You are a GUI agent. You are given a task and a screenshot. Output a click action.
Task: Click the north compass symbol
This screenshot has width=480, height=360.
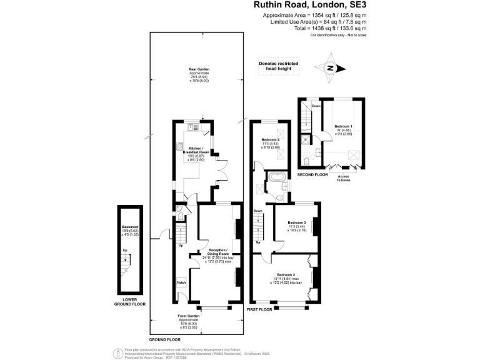[332, 69]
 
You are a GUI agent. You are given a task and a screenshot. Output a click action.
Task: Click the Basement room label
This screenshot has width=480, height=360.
[130, 230]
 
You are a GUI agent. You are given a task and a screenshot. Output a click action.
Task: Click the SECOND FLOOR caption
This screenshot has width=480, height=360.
[312, 174]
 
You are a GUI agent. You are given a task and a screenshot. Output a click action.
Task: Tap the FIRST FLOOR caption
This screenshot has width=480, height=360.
[260, 309]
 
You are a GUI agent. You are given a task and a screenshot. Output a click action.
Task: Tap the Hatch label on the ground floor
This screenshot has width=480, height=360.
[182, 282]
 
